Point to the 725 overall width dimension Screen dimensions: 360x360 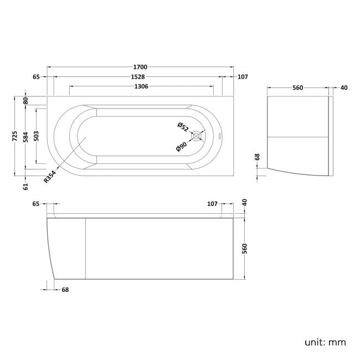(16, 136)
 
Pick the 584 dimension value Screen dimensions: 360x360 (25, 136)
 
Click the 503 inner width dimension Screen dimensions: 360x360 (36, 136)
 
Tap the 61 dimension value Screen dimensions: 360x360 (25, 187)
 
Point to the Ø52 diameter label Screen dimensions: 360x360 (183, 127)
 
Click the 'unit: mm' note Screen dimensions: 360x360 (325, 342)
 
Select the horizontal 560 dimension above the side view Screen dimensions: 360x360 (298, 88)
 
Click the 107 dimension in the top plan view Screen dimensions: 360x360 (242, 77)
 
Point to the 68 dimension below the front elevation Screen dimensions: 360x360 (65, 289)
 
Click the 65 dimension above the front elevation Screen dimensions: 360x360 (36, 204)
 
